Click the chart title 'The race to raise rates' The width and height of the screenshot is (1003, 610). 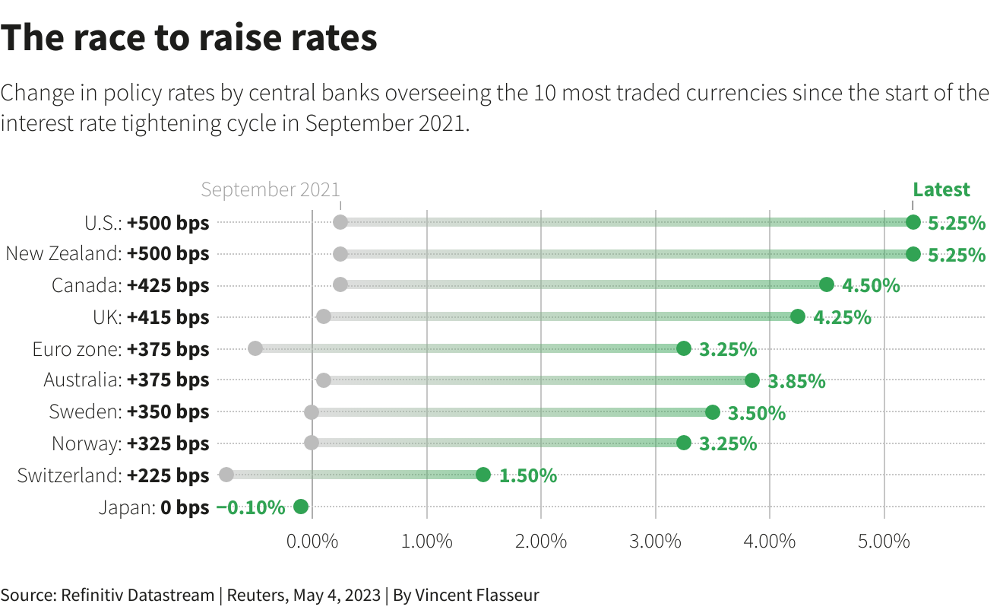click(x=189, y=38)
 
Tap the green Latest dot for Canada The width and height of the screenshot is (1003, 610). click(x=827, y=285)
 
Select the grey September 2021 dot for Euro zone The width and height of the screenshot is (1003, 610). click(x=255, y=348)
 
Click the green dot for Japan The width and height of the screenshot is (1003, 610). click(x=300, y=507)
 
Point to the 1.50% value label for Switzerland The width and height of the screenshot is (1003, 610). click(x=528, y=476)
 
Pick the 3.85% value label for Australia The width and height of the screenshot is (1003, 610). click(x=796, y=381)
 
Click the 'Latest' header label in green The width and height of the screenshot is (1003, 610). click(x=941, y=189)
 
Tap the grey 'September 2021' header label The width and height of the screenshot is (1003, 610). click(x=271, y=189)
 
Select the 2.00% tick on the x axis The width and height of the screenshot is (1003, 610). click(x=541, y=542)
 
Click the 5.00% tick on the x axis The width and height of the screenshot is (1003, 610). click(x=884, y=542)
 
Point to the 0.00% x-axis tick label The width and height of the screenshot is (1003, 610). click(x=312, y=542)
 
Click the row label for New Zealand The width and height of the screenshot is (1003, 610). click(x=107, y=254)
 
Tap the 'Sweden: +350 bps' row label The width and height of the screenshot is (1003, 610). click(x=129, y=412)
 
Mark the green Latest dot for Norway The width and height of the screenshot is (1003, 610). click(x=684, y=443)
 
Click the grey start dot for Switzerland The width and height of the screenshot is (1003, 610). click(x=226, y=475)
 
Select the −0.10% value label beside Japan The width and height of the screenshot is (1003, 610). click(x=251, y=507)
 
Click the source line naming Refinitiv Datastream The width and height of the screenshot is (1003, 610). click(x=270, y=595)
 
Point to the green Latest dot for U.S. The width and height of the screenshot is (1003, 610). click(x=913, y=222)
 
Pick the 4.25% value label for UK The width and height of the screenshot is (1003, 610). click(x=842, y=317)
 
